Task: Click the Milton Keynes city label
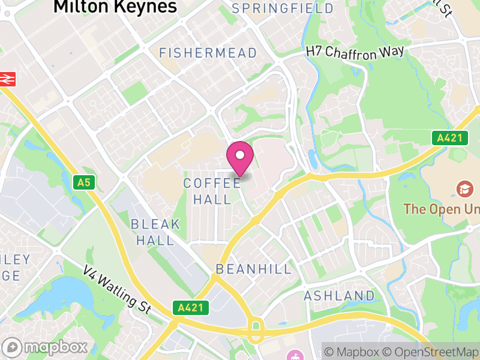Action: click(115, 7)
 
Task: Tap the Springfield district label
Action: click(283, 8)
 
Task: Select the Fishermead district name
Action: click(208, 53)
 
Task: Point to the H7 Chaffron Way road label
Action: click(355, 52)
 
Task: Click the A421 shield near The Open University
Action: click(449, 138)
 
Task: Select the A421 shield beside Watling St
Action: click(193, 308)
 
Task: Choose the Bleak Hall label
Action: click(155, 232)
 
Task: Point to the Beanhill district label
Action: click(253, 269)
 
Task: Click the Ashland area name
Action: click(339, 296)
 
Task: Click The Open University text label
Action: click(441, 209)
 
